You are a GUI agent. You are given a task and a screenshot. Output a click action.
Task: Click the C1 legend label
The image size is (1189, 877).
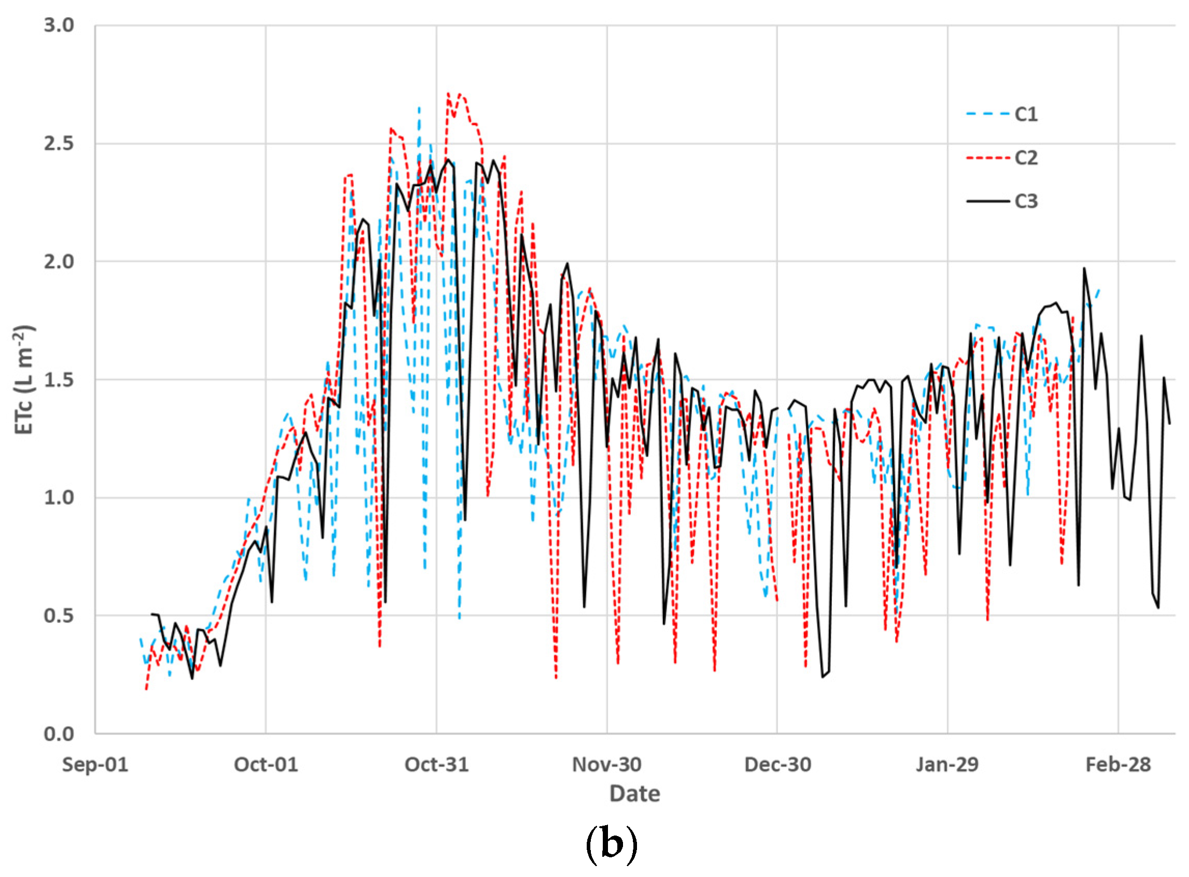click(1026, 114)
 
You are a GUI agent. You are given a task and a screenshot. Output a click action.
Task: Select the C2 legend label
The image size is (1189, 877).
click(1026, 158)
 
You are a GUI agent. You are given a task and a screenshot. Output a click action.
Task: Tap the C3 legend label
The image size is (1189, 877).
click(1026, 201)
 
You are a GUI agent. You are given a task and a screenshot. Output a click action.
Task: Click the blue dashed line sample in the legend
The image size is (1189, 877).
click(987, 114)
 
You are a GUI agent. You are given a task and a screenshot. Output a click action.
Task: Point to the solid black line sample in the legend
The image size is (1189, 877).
click(987, 201)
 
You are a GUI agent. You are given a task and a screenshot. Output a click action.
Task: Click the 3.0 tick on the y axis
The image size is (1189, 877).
click(59, 25)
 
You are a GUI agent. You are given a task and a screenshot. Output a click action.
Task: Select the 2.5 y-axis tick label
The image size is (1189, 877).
click(59, 144)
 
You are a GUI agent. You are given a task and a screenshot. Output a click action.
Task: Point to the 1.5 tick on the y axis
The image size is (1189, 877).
click(59, 379)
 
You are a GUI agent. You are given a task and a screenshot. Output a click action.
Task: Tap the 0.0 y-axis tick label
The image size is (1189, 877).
click(59, 734)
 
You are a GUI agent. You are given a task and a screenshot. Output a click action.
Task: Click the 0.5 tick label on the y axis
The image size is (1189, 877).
click(59, 616)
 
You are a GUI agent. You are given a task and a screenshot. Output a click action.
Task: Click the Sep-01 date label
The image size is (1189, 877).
click(95, 765)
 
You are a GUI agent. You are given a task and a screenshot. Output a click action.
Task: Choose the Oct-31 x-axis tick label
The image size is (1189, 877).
click(436, 765)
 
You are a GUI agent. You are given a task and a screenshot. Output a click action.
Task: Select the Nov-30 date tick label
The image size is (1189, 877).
click(607, 765)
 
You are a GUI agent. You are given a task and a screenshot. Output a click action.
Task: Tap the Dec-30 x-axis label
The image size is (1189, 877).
click(777, 765)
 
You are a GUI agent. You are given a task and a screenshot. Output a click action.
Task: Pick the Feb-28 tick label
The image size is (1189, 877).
click(1118, 765)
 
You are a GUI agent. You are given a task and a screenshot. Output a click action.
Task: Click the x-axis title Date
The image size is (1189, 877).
click(634, 794)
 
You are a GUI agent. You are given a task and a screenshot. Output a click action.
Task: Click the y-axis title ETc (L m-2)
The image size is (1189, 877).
click(24, 379)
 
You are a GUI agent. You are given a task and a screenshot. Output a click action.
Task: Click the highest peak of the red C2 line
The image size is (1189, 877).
click(448, 93)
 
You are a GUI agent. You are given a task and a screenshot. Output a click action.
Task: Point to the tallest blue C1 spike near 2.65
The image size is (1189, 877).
click(419, 107)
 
